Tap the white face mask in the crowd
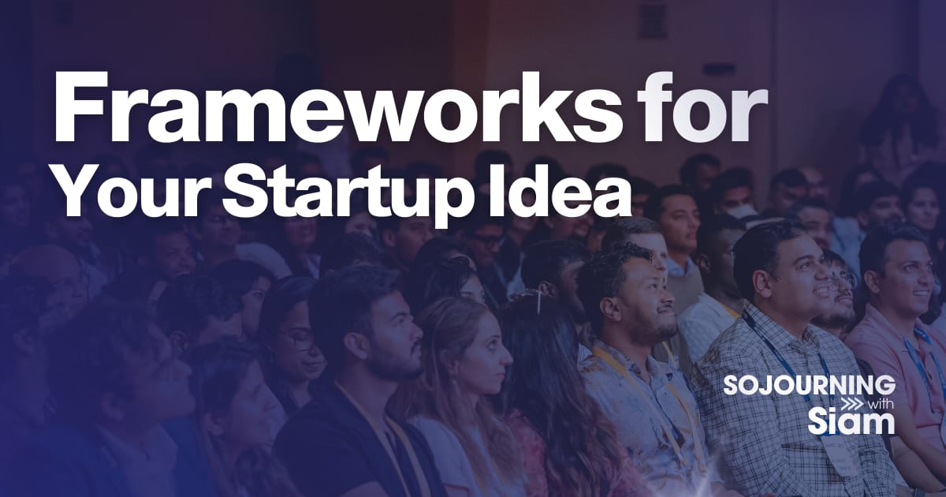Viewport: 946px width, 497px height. point(746,211)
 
